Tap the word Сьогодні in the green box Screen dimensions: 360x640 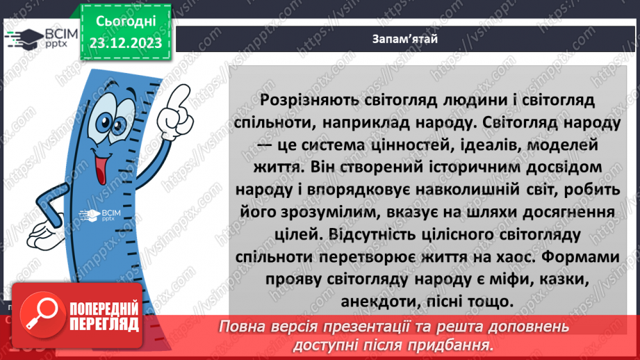[124, 22]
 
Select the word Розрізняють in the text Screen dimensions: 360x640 [306, 101]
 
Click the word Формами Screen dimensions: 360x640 [582, 257]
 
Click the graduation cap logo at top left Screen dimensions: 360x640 [23, 38]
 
